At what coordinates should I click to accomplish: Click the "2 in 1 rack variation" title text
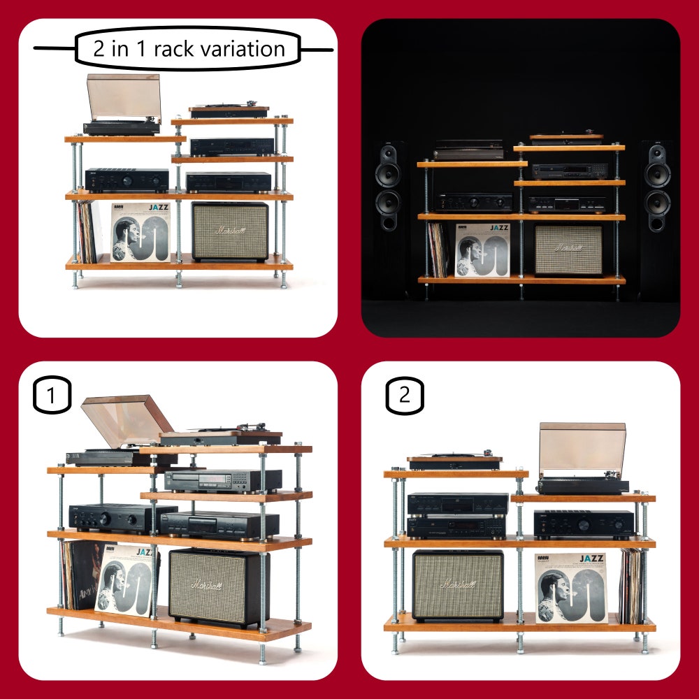189,49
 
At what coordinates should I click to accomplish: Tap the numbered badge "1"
52,396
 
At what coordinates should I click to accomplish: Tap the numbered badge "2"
405,396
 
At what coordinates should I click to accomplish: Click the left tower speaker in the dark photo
388,189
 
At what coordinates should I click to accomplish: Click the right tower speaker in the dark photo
656,189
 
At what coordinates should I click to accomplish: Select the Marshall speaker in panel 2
457,586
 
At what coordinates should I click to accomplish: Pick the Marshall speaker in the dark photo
568,250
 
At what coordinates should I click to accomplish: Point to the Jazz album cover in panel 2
570,587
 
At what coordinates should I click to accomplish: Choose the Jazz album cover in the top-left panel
140,232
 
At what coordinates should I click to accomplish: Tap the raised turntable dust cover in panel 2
582,449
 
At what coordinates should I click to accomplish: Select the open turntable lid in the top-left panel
124,96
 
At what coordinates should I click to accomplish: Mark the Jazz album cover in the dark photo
482,250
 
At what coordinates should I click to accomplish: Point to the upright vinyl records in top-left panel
86,232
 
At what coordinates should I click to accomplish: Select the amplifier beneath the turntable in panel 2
584,524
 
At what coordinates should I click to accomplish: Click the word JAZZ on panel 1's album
145,552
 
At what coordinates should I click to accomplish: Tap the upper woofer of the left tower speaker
388,173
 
